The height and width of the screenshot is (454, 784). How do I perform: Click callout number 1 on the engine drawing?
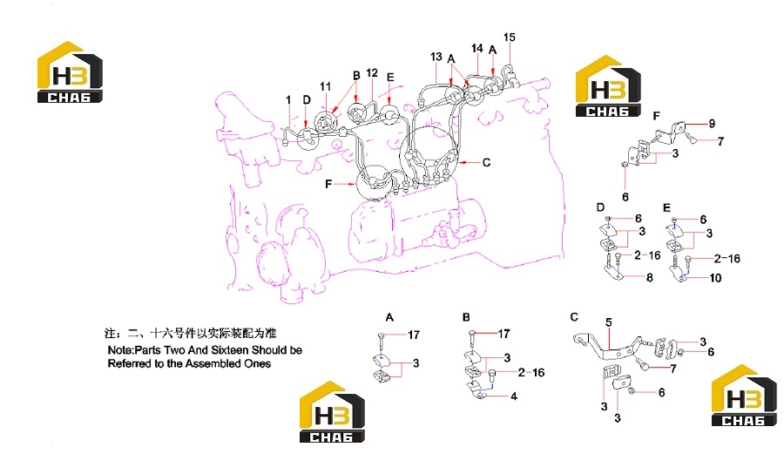click(x=288, y=100)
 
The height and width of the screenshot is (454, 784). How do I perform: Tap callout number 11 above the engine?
click(x=326, y=86)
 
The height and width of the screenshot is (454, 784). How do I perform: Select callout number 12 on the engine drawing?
click(x=372, y=73)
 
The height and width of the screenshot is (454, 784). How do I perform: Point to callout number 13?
click(x=436, y=57)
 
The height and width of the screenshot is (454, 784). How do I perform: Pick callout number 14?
click(x=477, y=48)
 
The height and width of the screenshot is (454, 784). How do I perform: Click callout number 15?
click(x=509, y=37)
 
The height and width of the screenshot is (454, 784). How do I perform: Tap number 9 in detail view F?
click(x=712, y=123)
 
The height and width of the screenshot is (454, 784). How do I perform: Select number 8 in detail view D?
click(x=650, y=277)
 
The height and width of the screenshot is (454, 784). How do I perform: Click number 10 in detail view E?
click(x=715, y=277)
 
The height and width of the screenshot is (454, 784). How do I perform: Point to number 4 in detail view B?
click(x=513, y=396)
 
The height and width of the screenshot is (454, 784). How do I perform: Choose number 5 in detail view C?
click(x=609, y=322)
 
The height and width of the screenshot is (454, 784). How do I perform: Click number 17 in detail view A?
click(x=414, y=335)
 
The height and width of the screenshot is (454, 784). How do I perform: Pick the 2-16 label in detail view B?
click(x=531, y=372)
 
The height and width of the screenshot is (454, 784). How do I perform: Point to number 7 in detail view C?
click(x=673, y=369)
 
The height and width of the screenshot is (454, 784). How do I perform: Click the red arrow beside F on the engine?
click(x=344, y=184)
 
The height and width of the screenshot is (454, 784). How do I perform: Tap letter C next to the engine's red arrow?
click(x=486, y=162)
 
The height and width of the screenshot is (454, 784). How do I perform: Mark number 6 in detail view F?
click(x=625, y=197)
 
